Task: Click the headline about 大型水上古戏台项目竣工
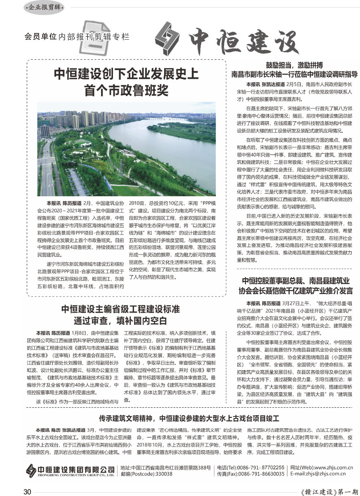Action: coord(189,419)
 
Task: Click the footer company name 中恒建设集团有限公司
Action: coord(76,469)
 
